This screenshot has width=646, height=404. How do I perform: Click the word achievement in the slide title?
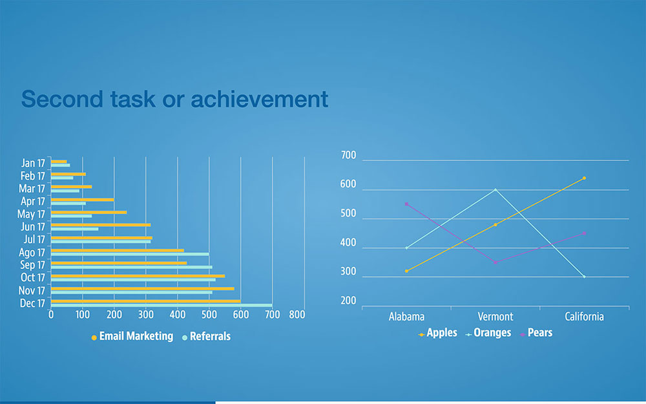click(x=260, y=99)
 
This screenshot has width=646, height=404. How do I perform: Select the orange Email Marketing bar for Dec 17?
click(x=146, y=301)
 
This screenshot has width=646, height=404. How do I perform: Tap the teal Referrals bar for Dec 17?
click(x=161, y=306)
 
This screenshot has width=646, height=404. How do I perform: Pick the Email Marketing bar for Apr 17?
click(x=83, y=200)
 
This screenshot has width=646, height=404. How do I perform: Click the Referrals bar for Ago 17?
click(x=130, y=254)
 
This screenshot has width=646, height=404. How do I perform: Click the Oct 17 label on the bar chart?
click(x=33, y=277)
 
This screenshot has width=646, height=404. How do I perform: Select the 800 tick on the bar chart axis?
click(x=297, y=315)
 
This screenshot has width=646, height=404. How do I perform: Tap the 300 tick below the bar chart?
click(x=146, y=315)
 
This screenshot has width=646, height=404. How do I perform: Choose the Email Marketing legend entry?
click(x=132, y=336)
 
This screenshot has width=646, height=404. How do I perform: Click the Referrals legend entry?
click(x=207, y=336)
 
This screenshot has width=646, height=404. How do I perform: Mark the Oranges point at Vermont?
click(x=495, y=189)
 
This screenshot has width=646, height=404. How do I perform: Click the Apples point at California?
click(x=584, y=178)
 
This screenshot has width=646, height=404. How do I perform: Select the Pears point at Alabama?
click(x=406, y=204)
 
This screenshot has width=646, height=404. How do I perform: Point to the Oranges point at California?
click(x=584, y=277)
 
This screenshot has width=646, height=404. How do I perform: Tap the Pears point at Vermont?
click(x=495, y=262)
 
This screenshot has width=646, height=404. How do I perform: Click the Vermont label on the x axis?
click(x=495, y=317)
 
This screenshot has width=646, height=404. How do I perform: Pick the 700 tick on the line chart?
click(x=349, y=155)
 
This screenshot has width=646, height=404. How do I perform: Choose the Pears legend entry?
click(x=536, y=333)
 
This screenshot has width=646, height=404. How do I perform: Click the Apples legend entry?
click(x=437, y=333)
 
